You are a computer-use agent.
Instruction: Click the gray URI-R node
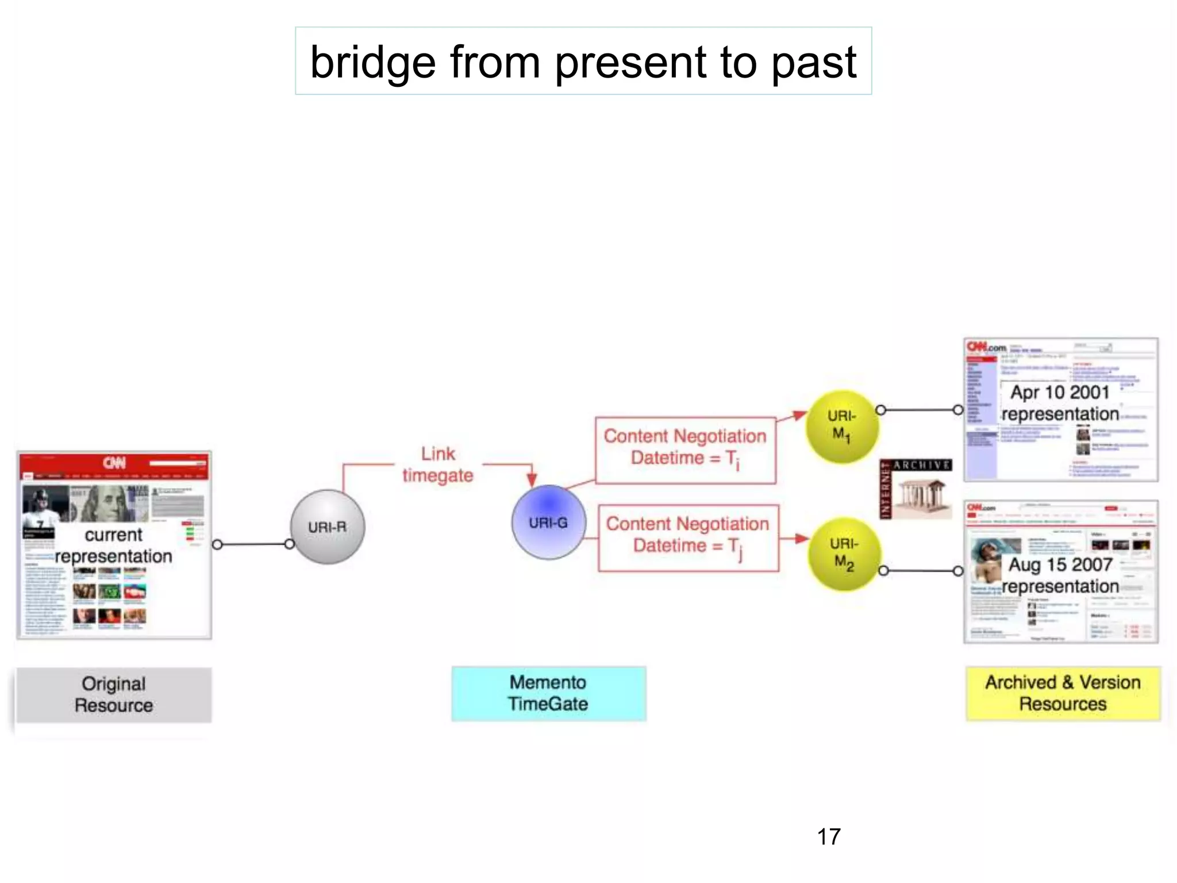click(327, 527)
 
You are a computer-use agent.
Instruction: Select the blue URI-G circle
click(548, 522)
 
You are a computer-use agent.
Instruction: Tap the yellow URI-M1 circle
click(842, 426)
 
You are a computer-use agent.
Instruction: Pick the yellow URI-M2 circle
click(844, 554)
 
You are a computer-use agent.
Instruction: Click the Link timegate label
click(438, 464)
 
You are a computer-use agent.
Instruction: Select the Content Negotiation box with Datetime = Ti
click(685, 450)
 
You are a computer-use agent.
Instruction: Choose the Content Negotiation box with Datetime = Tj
click(688, 538)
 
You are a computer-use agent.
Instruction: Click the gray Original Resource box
click(114, 694)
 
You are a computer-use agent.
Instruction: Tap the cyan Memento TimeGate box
click(548, 693)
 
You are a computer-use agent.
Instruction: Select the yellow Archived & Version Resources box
click(1063, 693)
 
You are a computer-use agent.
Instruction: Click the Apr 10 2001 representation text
click(1060, 403)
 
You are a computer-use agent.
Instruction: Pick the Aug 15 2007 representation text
click(1060, 575)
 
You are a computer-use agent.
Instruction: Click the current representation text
click(114, 545)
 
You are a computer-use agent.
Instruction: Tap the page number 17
click(828, 836)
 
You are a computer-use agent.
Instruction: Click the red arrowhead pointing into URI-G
click(532, 479)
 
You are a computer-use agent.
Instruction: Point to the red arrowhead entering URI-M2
click(802, 538)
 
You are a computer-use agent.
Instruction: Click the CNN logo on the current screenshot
click(114, 463)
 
